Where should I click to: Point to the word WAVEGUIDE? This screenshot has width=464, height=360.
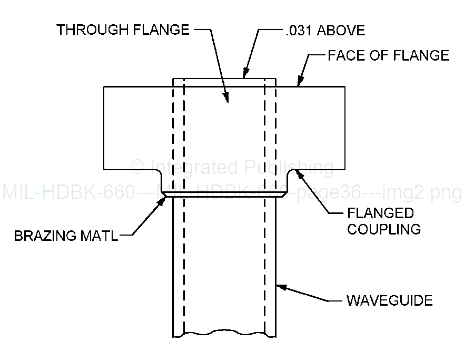(x=389, y=301)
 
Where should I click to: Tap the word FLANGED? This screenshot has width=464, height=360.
(x=380, y=213)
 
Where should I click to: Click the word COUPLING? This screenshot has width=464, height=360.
(x=383, y=229)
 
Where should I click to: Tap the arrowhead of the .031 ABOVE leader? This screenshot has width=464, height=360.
(x=244, y=75)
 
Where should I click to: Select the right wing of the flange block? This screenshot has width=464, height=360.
(x=311, y=127)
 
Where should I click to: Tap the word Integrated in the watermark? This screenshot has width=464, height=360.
(x=192, y=168)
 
